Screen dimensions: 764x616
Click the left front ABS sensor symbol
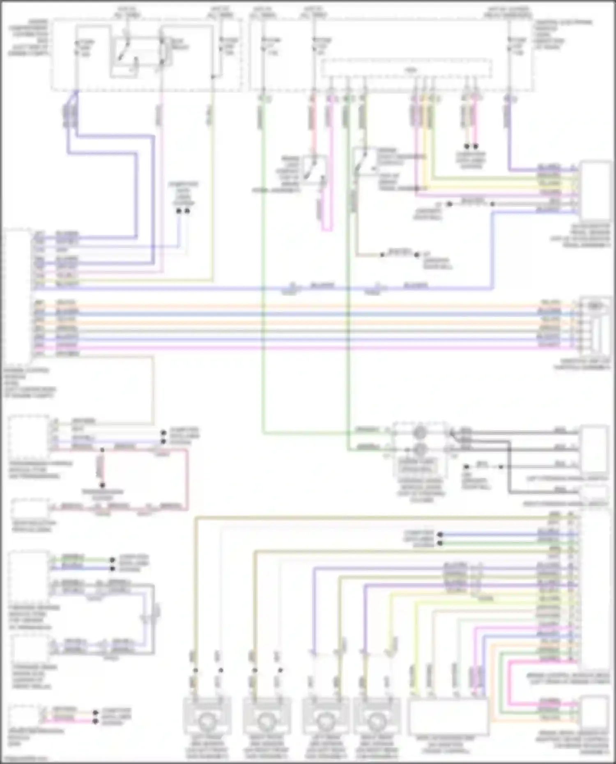207,720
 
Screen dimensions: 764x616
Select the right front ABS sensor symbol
267,720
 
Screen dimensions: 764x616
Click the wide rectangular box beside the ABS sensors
448,717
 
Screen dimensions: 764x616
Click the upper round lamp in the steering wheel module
419,432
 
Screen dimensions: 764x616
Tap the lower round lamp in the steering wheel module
419,450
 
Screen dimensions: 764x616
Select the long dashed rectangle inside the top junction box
407,68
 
